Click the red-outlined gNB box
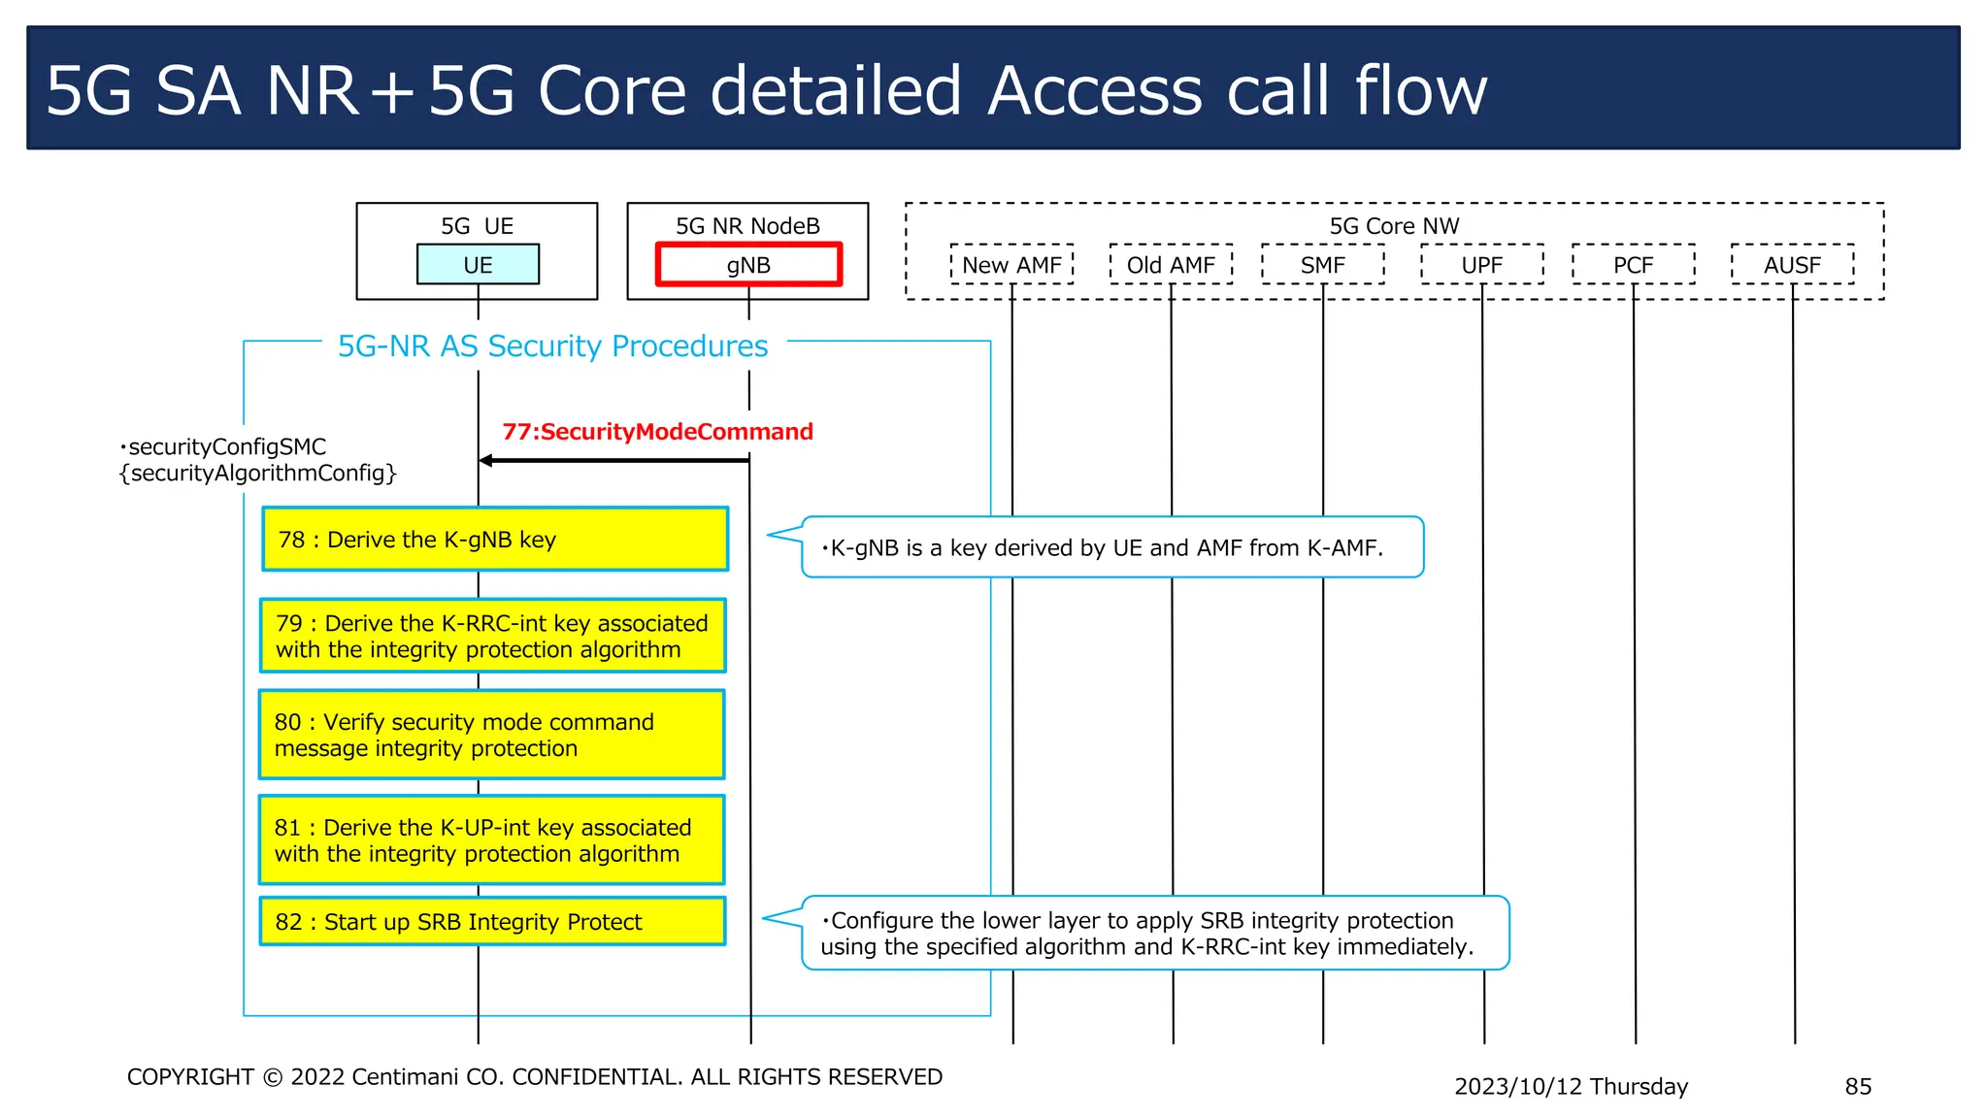[748, 264]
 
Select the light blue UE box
[478, 264]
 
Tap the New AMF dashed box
[1011, 264]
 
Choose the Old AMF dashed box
[1171, 264]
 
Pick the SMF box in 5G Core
[1322, 264]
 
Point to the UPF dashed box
[1481, 264]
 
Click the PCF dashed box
[1633, 264]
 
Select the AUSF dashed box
[1792, 264]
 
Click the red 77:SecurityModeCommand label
[657, 432]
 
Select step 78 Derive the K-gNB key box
[495, 539]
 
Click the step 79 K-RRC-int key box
[493, 636]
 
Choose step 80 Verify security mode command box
[492, 735]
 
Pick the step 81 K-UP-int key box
[492, 839]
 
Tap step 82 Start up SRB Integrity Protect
[492, 921]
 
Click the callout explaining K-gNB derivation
[1111, 547]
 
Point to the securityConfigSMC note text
[257, 460]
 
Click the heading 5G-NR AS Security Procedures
[552, 345]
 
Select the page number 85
[1857, 1086]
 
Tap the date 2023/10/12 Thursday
[1571, 1086]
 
